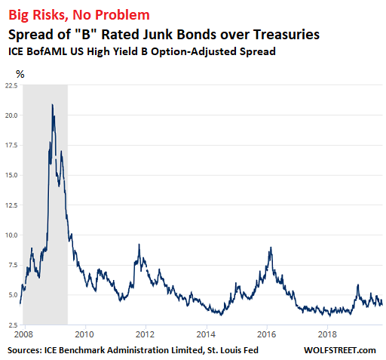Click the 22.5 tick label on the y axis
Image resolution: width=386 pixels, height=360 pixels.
[11, 85]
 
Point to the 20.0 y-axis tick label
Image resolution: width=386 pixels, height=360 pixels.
[11, 115]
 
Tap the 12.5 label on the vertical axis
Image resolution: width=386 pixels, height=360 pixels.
[11, 205]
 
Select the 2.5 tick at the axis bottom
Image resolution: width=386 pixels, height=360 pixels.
[13, 325]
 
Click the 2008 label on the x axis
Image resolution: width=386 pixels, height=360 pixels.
[24, 334]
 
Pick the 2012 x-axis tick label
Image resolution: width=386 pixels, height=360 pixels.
[145, 334]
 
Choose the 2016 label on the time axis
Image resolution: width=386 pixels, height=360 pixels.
[267, 334]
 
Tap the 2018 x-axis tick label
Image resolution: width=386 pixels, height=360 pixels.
[327, 334]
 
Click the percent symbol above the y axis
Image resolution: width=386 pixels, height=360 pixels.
[20, 74]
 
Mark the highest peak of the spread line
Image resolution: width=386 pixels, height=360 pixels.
[52, 104]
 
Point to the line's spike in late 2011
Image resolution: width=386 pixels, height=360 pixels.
[139, 244]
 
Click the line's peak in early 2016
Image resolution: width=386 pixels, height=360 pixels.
[271, 248]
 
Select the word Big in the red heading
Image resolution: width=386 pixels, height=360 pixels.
[19, 15]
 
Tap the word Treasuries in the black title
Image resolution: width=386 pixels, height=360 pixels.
[286, 34]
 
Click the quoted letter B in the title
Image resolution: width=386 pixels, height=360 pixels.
[86, 34]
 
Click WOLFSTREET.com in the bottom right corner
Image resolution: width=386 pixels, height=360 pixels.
[340, 350]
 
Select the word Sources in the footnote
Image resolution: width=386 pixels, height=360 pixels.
[25, 350]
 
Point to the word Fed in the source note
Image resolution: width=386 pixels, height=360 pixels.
[252, 350]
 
